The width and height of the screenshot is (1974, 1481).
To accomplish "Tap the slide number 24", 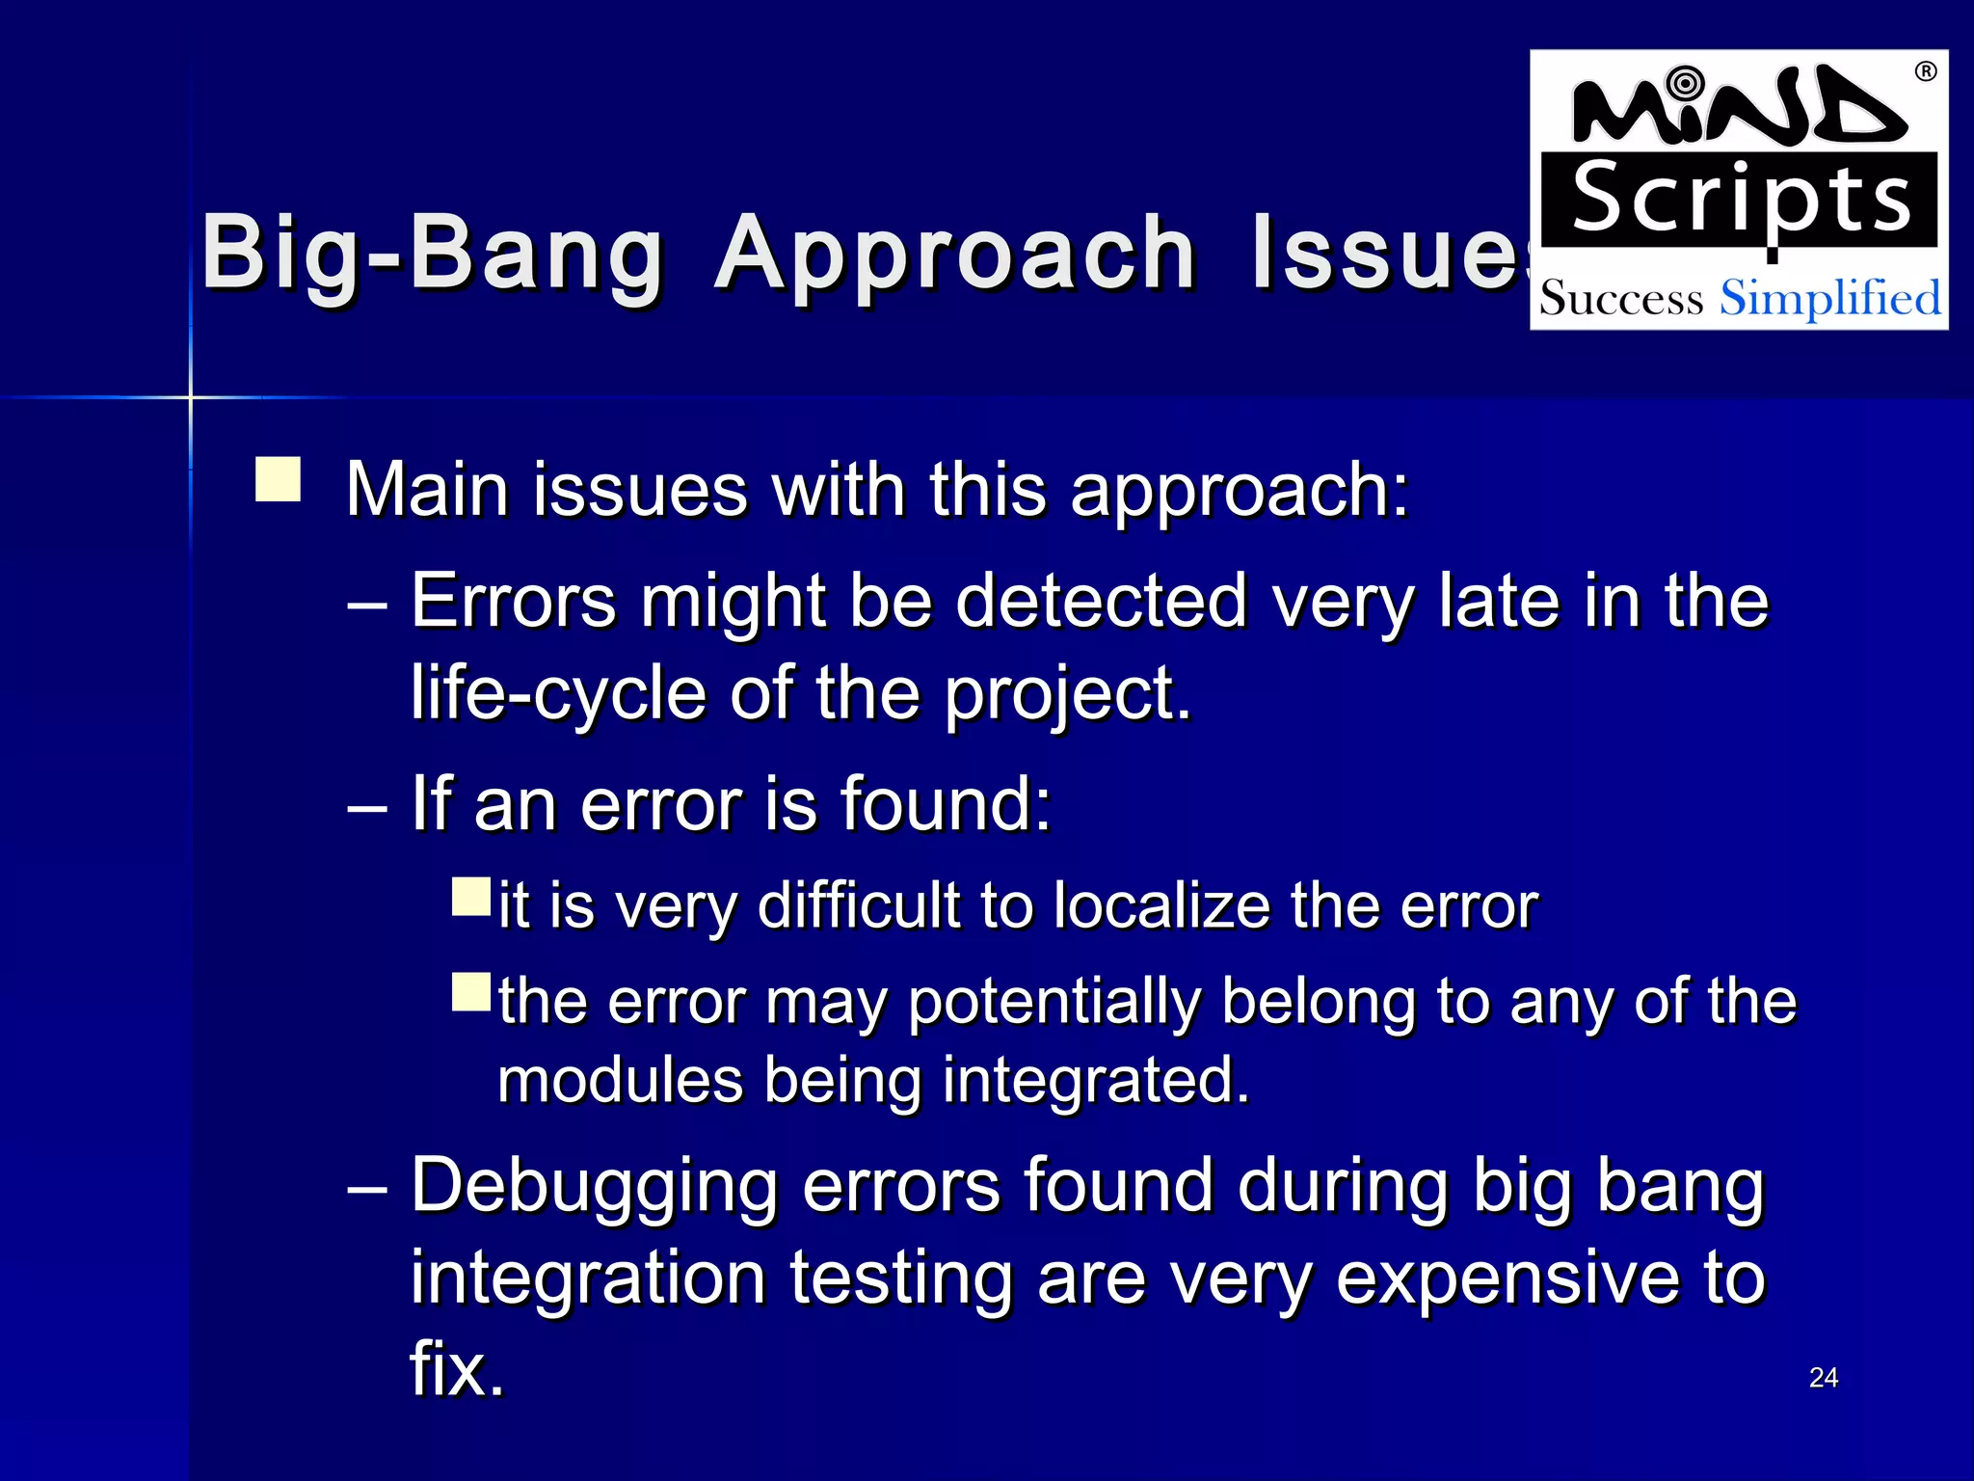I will pos(1823,1378).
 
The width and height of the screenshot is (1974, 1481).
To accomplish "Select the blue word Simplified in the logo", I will pos(1829,298).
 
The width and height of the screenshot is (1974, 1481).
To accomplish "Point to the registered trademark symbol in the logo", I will pos(1925,72).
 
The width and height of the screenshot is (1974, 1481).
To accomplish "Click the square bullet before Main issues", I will pos(278,479).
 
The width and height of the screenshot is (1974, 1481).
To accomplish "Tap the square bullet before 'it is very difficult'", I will pos(471,897).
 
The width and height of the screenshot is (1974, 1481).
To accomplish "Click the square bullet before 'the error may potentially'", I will pos(471,991).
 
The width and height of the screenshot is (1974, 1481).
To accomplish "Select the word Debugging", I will pos(594,1186).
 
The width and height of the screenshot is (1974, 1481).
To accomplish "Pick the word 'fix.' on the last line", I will pos(457,1369).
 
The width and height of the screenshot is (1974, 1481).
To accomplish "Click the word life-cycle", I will pos(558,693).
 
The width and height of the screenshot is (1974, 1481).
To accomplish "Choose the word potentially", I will pos(1054,1003).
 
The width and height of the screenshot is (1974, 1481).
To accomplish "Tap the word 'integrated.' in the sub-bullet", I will pos(1095,1080).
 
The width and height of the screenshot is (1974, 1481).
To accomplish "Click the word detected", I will pos(1101,602).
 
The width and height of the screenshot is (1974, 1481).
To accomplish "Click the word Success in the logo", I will pos(1621,299).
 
